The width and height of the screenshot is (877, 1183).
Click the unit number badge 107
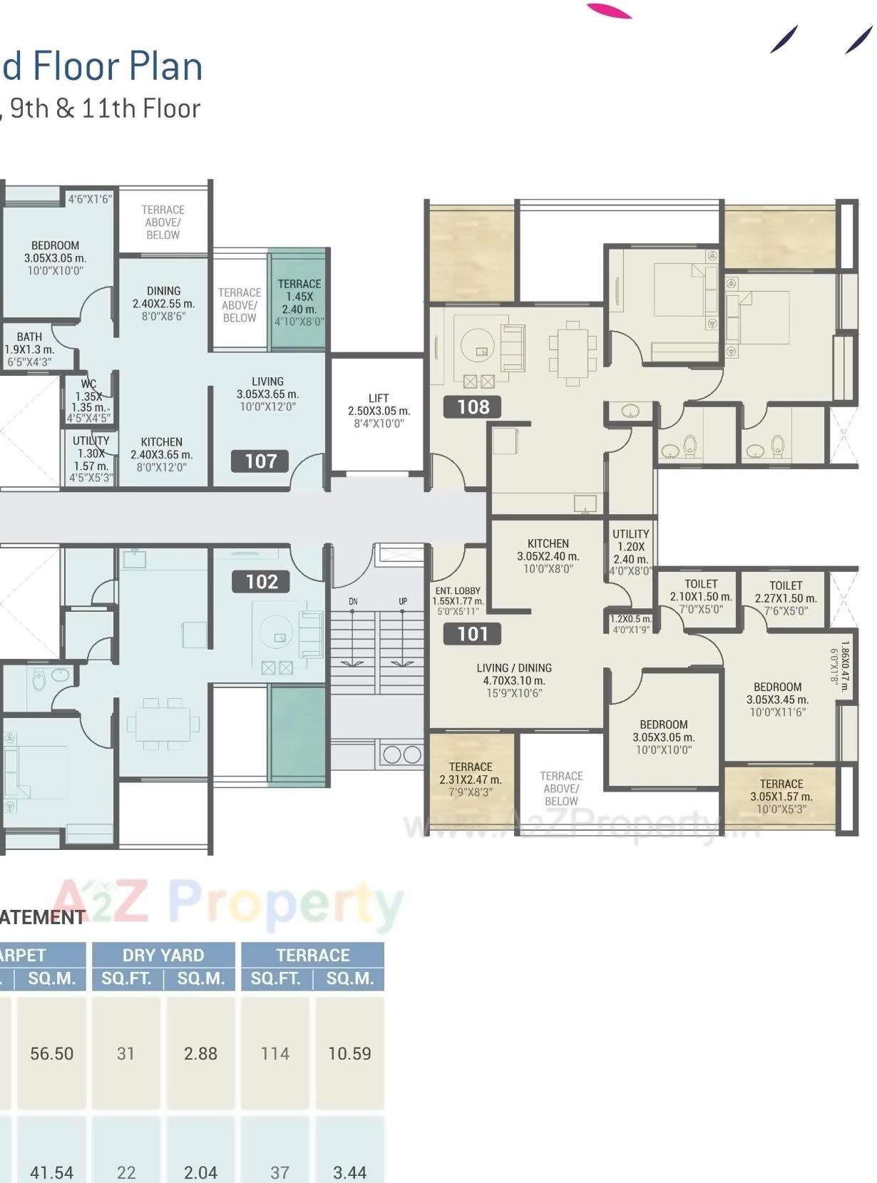tap(261, 461)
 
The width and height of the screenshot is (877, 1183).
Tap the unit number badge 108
tap(473, 407)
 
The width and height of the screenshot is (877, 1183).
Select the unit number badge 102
tap(262, 582)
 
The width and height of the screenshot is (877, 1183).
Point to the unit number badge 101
tap(472, 634)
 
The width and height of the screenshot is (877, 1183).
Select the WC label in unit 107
tap(88, 384)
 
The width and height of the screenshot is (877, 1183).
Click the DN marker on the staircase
tap(353, 602)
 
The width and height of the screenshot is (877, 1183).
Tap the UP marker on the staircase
tap(403, 602)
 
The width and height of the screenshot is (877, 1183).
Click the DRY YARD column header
tap(163, 955)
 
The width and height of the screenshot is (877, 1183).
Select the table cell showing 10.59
tap(349, 1053)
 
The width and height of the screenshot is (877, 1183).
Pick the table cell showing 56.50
tap(51, 1053)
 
